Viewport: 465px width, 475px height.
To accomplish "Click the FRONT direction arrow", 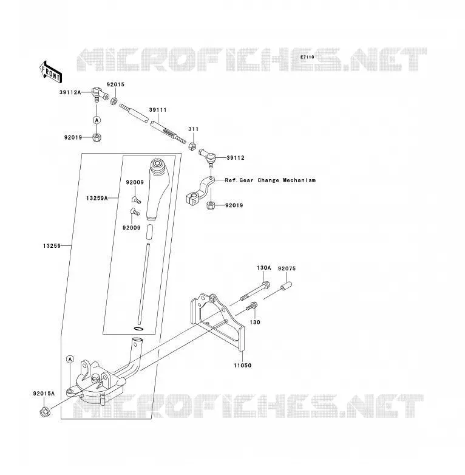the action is click(51, 72).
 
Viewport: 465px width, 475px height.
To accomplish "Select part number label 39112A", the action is click(70, 92).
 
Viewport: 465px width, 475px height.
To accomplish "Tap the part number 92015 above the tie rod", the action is click(115, 84).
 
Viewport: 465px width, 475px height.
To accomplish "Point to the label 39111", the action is click(158, 110).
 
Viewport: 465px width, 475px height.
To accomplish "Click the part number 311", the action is click(194, 129).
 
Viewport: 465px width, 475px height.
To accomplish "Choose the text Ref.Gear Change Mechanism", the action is click(270, 180).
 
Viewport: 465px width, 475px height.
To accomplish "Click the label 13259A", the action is click(97, 198).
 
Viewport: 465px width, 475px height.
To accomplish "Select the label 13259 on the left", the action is click(52, 246).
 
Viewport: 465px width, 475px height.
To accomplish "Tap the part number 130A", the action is click(263, 268).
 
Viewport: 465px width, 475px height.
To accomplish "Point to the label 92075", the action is click(287, 268).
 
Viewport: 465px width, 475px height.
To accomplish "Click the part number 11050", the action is click(242, 365).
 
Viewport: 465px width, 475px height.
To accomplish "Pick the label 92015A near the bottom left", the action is click(44, 394).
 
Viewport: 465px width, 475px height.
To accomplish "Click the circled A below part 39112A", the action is click(97, 120).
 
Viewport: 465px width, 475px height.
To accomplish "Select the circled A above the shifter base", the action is click(70, 360).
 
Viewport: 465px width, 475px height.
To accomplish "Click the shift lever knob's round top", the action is click(158, 164).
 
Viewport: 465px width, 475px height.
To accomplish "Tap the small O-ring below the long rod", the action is click(138, 329).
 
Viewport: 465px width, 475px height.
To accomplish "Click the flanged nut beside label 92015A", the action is click(44, 412).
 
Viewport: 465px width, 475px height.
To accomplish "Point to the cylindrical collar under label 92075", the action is click(286, 285).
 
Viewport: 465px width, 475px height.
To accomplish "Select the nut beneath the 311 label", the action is click(192, 146).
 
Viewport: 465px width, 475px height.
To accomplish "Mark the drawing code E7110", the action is click(307, 57).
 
